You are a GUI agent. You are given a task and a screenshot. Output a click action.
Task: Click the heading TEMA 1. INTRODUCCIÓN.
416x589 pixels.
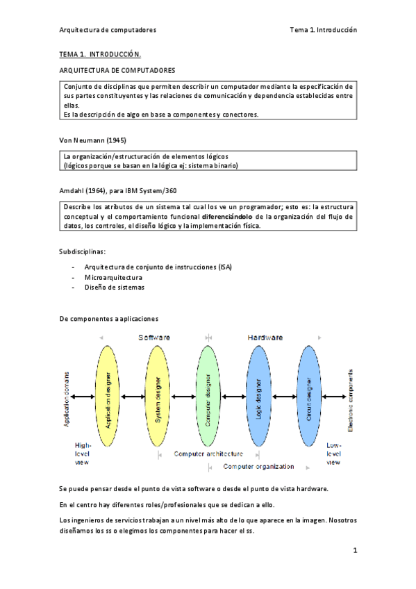click(100, 53)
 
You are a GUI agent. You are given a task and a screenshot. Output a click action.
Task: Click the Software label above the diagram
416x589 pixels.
click(154, 337)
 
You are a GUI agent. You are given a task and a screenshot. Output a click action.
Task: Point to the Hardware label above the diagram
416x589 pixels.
click(265, 337)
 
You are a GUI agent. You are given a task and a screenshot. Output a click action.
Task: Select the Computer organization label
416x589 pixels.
click(259, 467)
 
